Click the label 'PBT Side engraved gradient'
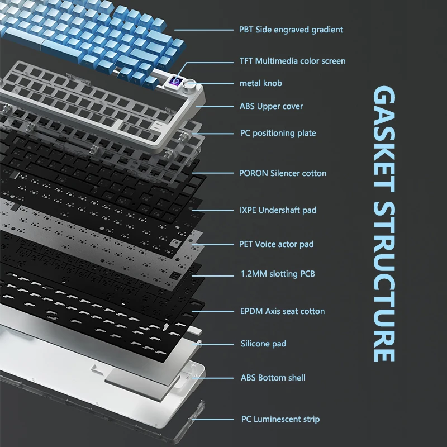291,30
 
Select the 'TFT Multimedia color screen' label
292,61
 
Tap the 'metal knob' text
261,83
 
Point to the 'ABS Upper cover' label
272,106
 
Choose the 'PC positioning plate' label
278,133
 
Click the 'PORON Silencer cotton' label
283,173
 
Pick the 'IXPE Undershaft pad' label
278,210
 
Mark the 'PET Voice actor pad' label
277,244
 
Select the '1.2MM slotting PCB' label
277,274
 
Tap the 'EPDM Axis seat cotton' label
282,311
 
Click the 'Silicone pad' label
263,344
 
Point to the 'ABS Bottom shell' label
273,378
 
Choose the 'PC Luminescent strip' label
280,419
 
